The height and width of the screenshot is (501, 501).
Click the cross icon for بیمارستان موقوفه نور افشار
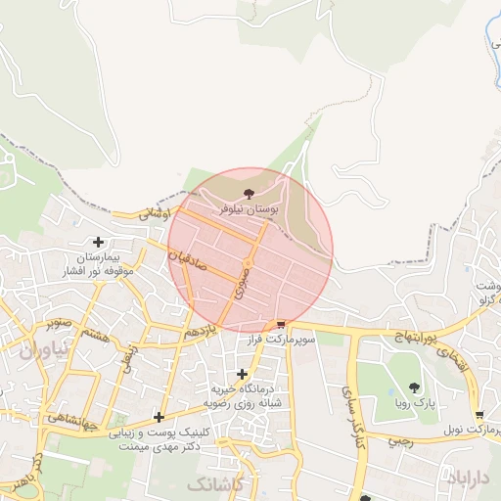tap(98, 242)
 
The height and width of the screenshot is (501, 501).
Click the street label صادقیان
tap(188, 259)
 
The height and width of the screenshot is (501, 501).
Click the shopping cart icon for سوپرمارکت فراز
tap(282, 324)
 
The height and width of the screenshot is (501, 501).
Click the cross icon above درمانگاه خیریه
tap(243, 374)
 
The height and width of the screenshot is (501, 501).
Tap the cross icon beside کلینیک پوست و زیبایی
tap(159, 417)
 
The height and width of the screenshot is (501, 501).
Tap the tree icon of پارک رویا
tap(415, 387)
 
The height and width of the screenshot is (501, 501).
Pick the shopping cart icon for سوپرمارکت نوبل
tap(478, 414)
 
